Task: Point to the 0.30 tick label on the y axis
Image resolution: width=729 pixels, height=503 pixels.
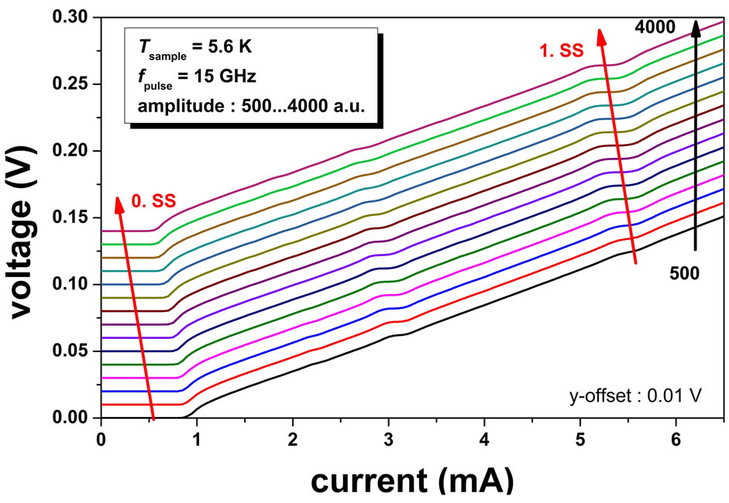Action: tap(74, 17)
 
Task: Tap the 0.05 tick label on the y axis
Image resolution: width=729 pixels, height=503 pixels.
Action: tap(74, 351)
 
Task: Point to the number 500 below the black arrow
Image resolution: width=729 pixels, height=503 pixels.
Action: tap(684, 272)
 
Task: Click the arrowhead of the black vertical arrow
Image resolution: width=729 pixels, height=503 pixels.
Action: tap(696, 27)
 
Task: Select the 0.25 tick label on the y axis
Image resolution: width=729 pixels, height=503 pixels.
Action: tap(74, 84)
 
